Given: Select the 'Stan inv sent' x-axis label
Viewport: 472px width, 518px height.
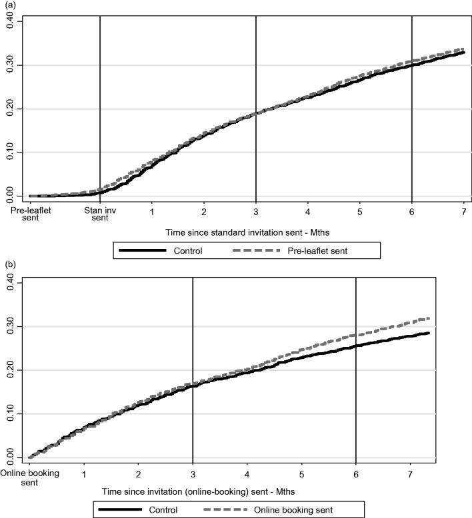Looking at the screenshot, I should click(x=99, y=215).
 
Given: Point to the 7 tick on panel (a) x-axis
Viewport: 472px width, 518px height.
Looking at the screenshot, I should click(x=463, y=212).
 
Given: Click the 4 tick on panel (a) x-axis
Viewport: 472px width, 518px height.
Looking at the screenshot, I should click(x=307, y=212).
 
